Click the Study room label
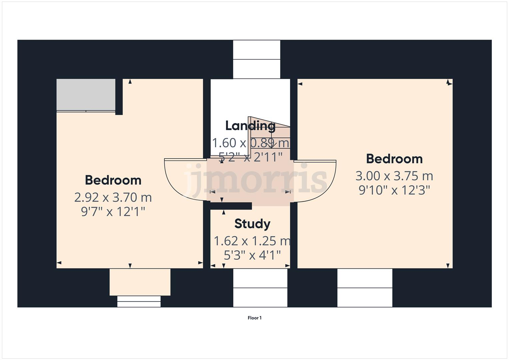coord(252,224)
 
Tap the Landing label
coord(250,126)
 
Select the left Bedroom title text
coord(113,180)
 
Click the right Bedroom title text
coord(394,159)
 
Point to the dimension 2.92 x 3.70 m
coord(113,197)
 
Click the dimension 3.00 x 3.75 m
coord(394,176)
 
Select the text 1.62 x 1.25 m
coord(252,241)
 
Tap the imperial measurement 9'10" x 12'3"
coord(394,190)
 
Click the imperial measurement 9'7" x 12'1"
coord(113,212)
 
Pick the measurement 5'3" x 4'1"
coord(252,256)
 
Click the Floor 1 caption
coord(254,318)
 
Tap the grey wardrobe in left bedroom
coord(86,95)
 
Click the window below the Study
coord(260,288)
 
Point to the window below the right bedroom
coord(365,288)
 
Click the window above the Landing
coord(256,59)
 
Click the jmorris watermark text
coord(256,180)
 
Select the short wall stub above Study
coord(231,206)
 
